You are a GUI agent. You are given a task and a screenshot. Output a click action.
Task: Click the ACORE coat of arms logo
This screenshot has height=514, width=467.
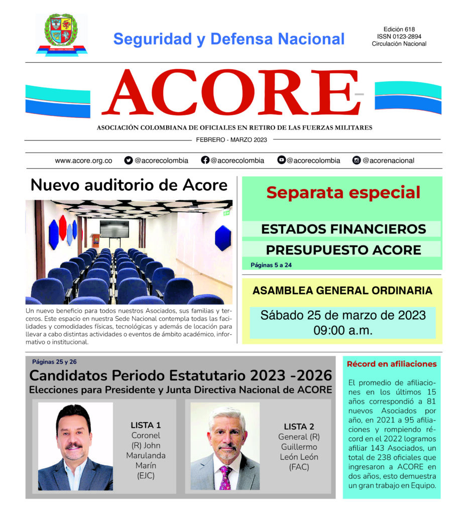(x=61, y=33)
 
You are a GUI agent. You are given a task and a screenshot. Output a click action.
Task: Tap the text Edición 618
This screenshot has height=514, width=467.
(x=399, y=30)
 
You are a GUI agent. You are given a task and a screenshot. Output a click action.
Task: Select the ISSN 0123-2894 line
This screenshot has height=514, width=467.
(x=399, y=37)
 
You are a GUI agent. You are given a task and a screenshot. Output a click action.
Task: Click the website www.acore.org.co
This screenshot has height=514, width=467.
(x=83, y=161)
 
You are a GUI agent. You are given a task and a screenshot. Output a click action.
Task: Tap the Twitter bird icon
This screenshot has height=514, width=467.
(x=129, y=161)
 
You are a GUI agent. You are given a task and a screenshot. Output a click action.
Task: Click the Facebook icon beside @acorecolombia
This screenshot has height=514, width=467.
(x=205, y=161)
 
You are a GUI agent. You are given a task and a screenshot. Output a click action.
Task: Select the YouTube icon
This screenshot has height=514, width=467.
(x=281, y=161)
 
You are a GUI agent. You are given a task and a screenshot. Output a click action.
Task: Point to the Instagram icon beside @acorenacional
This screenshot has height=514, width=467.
(x=357, y=161)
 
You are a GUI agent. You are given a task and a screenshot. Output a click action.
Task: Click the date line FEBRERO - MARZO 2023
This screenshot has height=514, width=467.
(x=231, y=140)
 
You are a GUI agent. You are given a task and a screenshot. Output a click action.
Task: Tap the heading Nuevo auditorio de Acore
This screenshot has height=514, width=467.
(x=129, y=185)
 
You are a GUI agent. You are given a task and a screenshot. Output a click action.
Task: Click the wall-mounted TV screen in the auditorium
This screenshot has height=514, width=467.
(x=114, y=229)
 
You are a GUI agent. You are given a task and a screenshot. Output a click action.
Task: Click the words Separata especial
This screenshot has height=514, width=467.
(x=343, y=192)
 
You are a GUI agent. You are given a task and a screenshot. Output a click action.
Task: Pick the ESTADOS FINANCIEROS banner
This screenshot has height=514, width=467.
(x=343, y=229)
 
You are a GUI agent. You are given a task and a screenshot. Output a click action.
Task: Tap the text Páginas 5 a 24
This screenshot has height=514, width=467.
(x=271, y=265)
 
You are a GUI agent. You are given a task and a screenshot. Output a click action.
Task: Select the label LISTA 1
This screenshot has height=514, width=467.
(x=145, y=425)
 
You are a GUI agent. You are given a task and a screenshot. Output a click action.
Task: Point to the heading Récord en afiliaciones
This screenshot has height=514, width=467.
(x=392, y=364)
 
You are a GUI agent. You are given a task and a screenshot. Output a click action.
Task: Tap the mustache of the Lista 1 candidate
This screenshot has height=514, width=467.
(x=73, y=445)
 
